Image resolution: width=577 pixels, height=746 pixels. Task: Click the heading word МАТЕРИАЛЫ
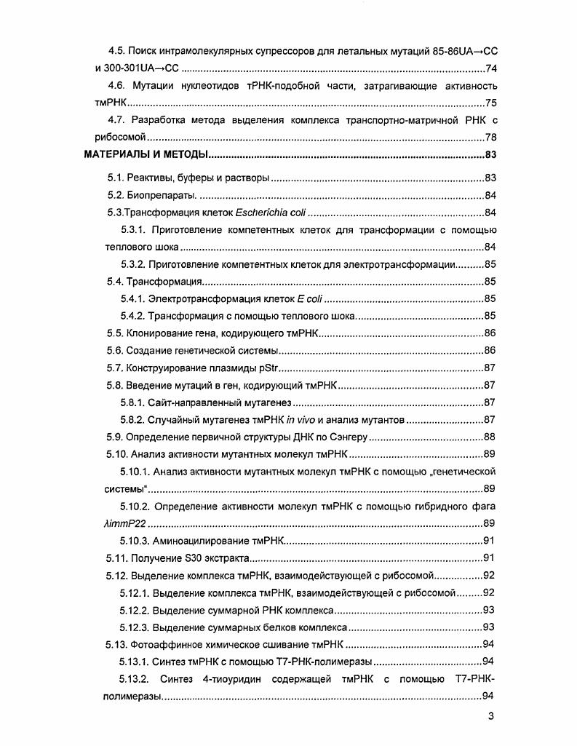pyautogui.click(x=114, y=154)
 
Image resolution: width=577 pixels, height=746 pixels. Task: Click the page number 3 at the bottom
pyautogui.click(x=491, y=717)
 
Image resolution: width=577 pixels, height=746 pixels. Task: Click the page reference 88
pyautogui.click(x=490, y=437)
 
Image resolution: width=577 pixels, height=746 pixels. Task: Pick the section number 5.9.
pyautogui.click(x=116, y=437)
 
